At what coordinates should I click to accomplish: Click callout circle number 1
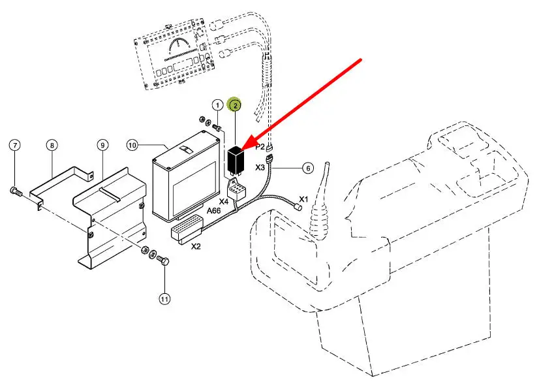217,105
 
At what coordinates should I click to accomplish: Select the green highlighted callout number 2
234,104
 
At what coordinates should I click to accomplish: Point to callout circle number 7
16,144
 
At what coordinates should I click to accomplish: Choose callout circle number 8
53,144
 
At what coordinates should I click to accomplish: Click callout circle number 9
102,144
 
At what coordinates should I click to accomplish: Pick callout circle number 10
132,144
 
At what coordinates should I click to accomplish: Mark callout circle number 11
164,298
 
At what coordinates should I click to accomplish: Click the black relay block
236,159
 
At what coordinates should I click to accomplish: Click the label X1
303,199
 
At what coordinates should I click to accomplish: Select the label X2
196,247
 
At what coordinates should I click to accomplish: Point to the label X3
260,168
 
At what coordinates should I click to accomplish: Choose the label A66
214,211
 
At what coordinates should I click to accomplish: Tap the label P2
260,148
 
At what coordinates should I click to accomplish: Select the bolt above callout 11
164,261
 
